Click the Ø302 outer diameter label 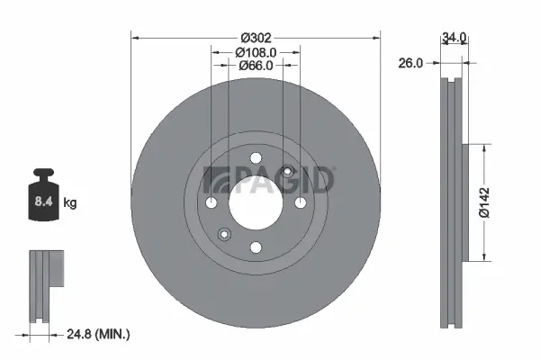point(256,38)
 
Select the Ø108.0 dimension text point(256,52)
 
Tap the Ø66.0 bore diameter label point(256,67)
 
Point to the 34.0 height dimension point(454,38)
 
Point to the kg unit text point(70,203)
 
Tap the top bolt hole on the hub point(256,156)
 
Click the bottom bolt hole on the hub point(256,247)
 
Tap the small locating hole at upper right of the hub point(287,171)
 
